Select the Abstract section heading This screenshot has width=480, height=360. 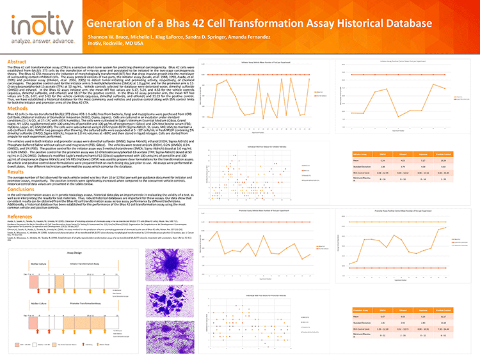(17, 61)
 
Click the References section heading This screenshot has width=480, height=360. (20, 216)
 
